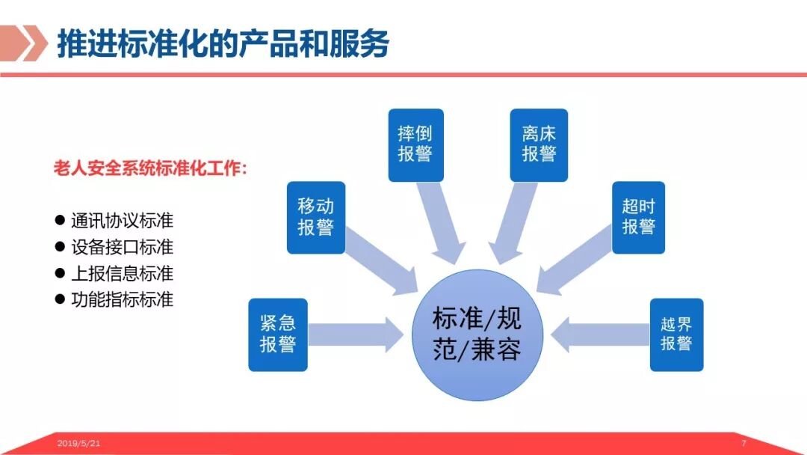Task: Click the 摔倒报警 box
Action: pos(415,145)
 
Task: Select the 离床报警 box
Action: pos(539,145)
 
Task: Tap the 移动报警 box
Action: pos(316,217)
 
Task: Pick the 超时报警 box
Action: pos(638,217)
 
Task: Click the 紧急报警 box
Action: pos(278,335)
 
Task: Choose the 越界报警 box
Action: pos(676,335)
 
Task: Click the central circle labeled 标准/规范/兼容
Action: pos(477,335)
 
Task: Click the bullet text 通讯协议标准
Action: pos(122,222)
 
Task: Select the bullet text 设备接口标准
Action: pos(122,247)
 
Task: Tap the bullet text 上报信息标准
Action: pos(122,273)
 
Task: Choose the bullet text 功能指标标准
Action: pos(122,299)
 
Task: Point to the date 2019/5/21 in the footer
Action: pos(78,444)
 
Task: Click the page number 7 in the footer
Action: pos(743,444)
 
